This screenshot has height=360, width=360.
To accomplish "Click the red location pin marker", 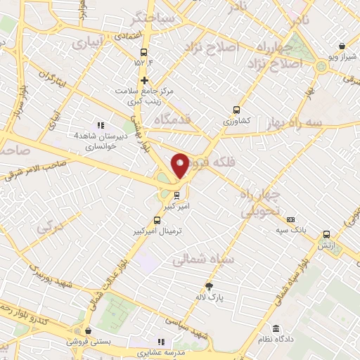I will tap(180, 166).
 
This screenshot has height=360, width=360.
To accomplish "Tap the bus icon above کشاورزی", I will tap(236, 110).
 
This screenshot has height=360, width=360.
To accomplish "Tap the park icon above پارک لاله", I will tap(208, 285).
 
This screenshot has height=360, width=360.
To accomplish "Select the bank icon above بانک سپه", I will tap(292, 219).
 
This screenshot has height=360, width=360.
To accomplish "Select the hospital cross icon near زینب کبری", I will tap(144, 80).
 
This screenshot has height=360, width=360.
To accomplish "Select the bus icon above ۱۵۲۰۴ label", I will tap(144, 52).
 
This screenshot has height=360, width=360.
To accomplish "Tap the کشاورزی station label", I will tap(237, 121).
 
